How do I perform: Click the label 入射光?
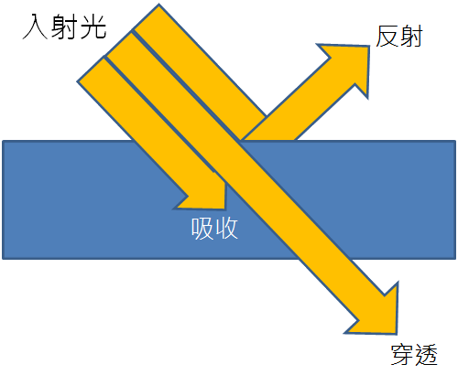click(x=65, y=27)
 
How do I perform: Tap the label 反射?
click(x=399, y=37)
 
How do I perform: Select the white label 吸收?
click(x=214, y=229)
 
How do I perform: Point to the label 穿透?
click(x=414, y=355)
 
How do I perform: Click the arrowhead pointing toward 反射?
click(x=351, y=65)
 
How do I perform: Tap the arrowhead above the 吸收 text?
click(x=204, y=194)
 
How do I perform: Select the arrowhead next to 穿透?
click(x=378, y=314)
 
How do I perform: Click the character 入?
click(x=35, y=27)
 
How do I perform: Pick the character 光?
click(x=93, y=27)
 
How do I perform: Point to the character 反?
click(x=387, y=37)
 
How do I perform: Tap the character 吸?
click(x=202, y=229)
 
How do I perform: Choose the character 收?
click(x=226, y=229)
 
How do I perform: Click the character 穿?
click(x=402, y=355)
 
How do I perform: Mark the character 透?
click(x=426, y=355)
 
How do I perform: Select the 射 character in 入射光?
click(x=64, y=27)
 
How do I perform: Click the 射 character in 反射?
click(x=411, y=37)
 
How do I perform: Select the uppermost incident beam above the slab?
click(x=200, y=61)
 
